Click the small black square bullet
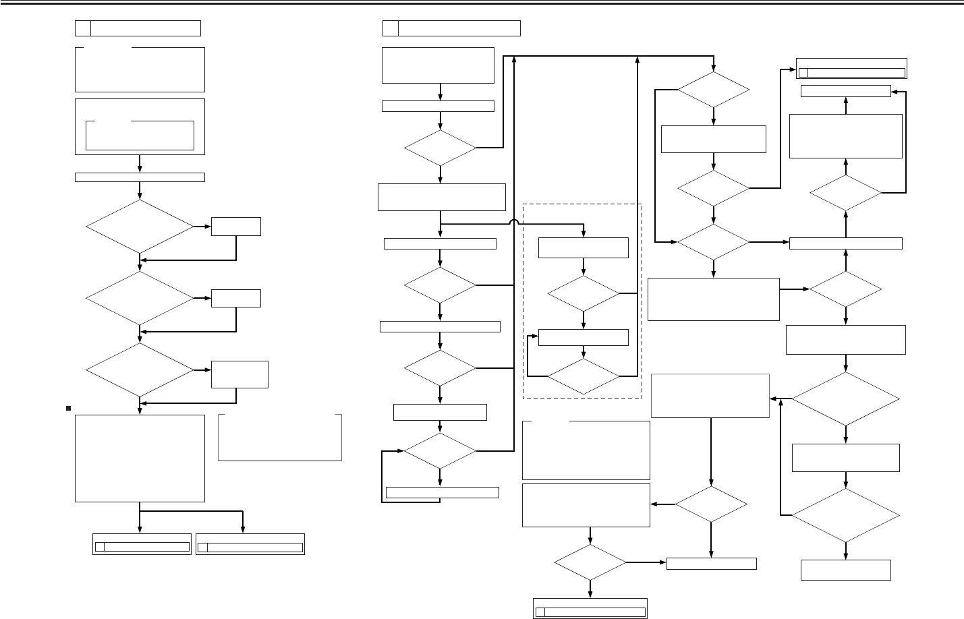[x=69, y=408]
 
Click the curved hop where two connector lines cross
[x=515, y=223]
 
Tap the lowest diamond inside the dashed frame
[x=584, y=376]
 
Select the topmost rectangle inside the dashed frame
[x=584, y=247]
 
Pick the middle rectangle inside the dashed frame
[x=584, y=336]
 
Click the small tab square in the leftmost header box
[x=82, y=28]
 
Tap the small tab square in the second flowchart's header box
[x=390, y=28]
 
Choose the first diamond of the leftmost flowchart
[x=140, y=227]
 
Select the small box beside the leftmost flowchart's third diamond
[x=239, y=374]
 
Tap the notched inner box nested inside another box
[x=140, y=136]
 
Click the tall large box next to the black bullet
[x=140, y=458]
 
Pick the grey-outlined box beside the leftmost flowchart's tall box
[x=280, y=438]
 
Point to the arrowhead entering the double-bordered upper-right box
[x=793, y=69]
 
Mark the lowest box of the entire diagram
[x=590, y=608]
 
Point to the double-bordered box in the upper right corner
[x=851, y=69]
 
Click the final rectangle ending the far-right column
[x=846, y=570]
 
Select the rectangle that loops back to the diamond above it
[x=442, y=492]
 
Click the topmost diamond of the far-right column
[x=845, y=194]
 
